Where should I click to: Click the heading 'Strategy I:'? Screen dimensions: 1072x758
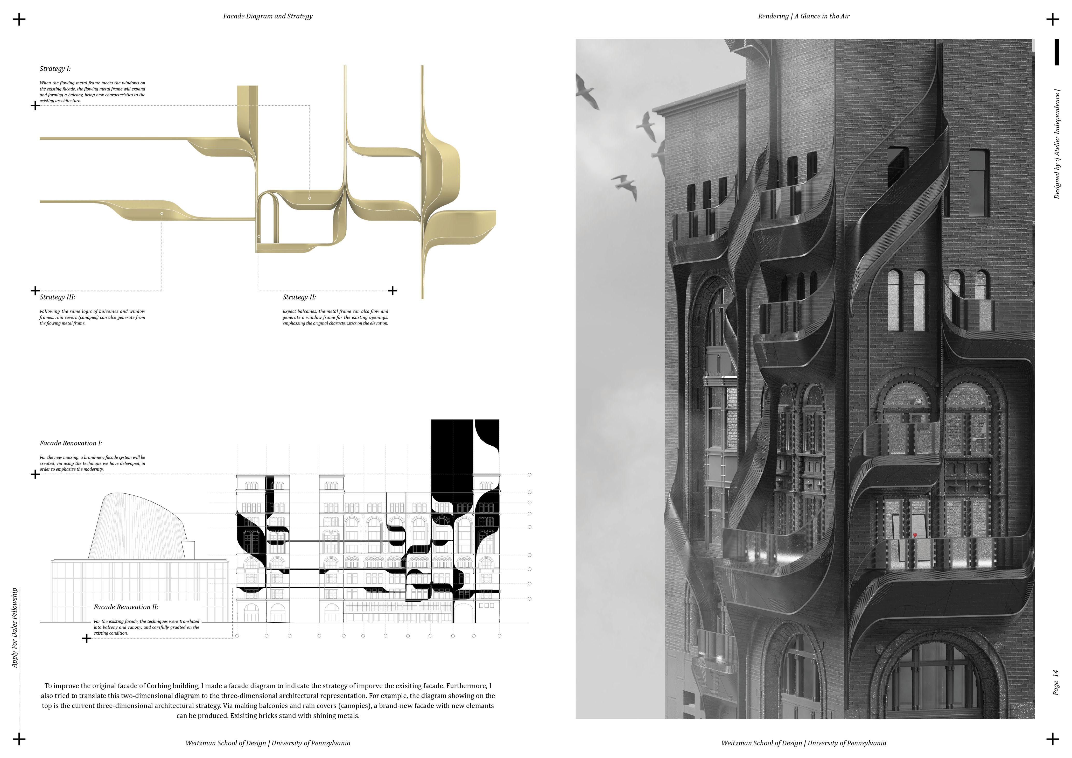tap(55, 69)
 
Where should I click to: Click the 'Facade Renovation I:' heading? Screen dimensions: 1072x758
tap(71, 443)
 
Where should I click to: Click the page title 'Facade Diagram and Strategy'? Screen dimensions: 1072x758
tap(268, 16)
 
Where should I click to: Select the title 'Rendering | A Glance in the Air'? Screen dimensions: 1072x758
tap(803, 16)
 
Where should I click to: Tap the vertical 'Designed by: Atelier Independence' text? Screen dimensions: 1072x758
tap(1057, 145)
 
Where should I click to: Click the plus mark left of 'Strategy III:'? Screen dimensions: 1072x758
tap(35, 291)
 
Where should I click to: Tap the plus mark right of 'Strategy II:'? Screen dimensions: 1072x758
tap(393, 291)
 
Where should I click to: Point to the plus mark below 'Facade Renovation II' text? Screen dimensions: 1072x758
tap(86, 638)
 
